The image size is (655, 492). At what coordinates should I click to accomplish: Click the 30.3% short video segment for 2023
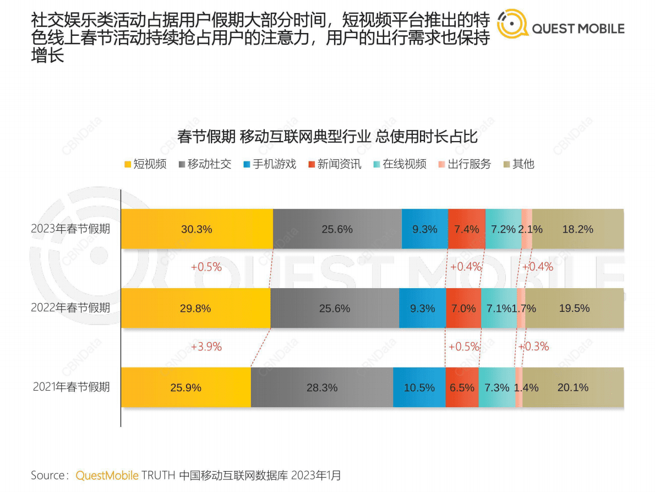(x=197, y=229)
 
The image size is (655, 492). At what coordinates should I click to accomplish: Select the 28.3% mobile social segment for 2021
(x=322, y=387)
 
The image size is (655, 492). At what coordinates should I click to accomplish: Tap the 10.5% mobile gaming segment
(x=419, y=387)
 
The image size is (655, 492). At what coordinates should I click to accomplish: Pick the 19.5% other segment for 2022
(x=574, y=309)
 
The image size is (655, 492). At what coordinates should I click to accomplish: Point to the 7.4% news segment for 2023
(x=466, y=229)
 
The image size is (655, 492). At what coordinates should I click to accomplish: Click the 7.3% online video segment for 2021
(x=496, y=387)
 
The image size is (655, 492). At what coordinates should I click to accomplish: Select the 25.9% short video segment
(x=186, y=387)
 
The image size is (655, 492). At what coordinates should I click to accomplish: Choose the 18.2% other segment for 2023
(x=577, y=229)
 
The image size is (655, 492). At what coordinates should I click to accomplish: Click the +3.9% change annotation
(x=206, y=347)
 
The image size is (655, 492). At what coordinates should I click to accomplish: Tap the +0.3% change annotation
(x=533, y=347)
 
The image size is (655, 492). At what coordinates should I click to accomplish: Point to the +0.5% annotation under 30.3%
(x=206, y=267)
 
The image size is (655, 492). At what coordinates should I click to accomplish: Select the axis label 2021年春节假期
(x=71, y=387)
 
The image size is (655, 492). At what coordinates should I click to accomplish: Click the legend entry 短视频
(x=145, y=164)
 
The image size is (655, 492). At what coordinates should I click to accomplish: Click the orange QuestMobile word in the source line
(x=107, y=475)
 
